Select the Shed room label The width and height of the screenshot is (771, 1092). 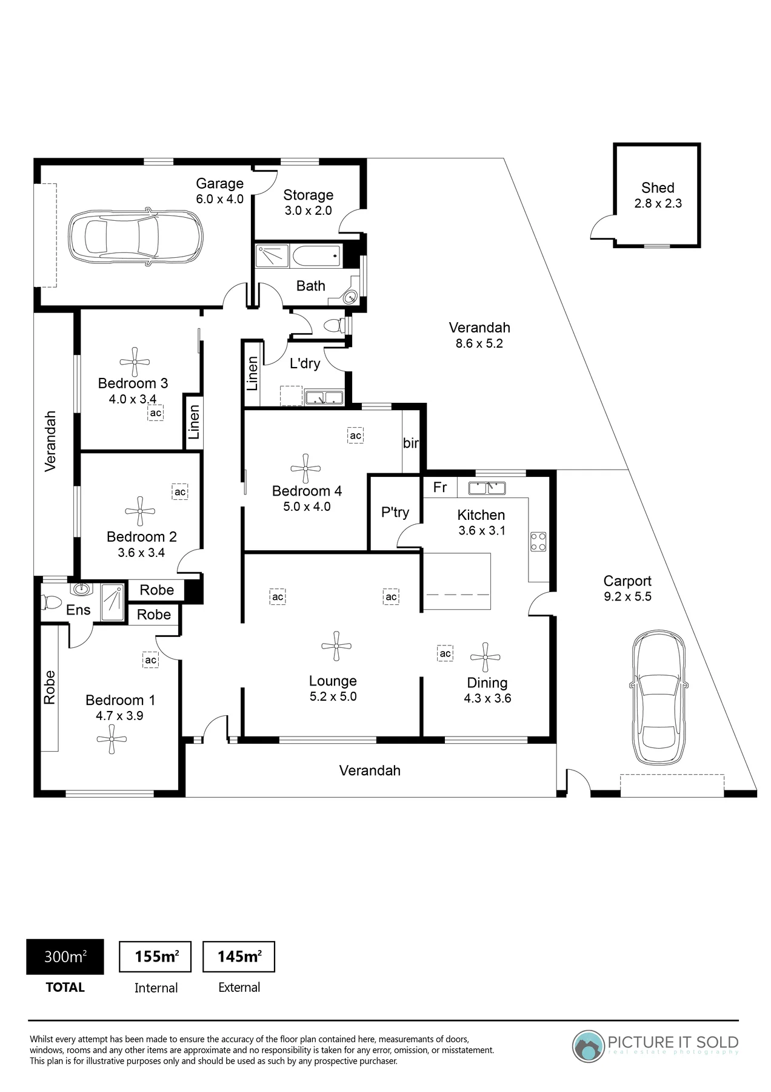(x=658, y=188)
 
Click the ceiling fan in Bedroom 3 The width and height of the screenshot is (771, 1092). (x=135, y=362)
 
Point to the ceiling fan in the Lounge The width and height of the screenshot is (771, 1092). (x=336, y=646)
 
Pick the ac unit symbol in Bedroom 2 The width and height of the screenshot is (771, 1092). (x=180, y=491)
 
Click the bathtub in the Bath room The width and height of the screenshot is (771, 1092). (x=316, y=256)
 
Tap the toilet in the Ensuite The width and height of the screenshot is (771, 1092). (x=51, y=602)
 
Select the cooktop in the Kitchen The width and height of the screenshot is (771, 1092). (x=538, y=541)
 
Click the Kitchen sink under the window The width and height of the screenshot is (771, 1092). (x=487, y=487)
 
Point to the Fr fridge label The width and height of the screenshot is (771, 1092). (x=440, y=487)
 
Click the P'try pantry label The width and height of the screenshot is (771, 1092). (x=395, y=513)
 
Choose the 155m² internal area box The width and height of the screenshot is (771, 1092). (x=155, y=957)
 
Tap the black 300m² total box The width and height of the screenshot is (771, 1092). (x=65, y=957)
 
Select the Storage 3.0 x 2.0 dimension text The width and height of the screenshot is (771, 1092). (x=309, y=211)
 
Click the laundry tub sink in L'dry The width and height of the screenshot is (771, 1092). (x=324, y=398)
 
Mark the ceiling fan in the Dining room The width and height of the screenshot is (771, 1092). (x=485, y=658)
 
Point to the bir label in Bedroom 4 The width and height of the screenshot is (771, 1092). (x=411, y=443)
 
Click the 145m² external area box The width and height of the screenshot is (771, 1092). (x=239, y=957)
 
